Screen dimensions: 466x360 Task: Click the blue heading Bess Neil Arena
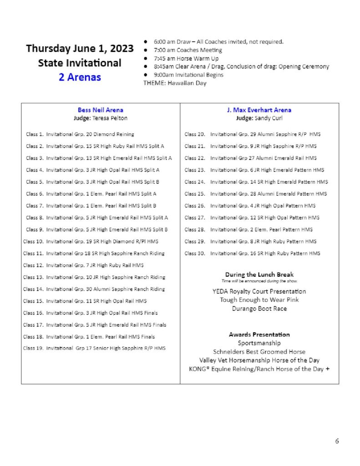(100, 110)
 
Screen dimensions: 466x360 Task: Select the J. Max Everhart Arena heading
(259, 110)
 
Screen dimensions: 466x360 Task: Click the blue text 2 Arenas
(80, 76)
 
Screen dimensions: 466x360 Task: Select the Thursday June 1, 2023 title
(80, 49)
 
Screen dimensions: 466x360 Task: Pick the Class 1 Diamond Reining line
(80, 134)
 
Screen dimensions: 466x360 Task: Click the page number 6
(337, 441)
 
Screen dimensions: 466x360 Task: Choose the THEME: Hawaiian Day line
(175, 83)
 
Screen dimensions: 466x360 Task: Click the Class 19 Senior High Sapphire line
(94, 348)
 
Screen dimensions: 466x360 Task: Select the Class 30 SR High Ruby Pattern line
(252, 253)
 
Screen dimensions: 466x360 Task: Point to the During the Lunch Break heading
(259, 274)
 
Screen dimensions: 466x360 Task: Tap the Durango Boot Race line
(259, 309)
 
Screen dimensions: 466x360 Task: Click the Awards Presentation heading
(259, 334)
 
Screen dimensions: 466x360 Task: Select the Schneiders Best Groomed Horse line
(259, 351)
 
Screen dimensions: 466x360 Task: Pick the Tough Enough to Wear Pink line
(259, 300)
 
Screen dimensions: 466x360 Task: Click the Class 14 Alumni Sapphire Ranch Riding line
(94, 289)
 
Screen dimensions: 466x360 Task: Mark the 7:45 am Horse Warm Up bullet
(186, 58)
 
